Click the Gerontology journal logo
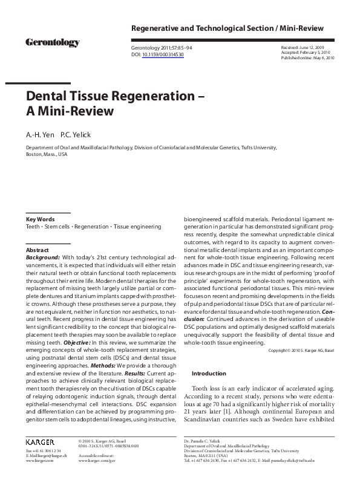point(52,43)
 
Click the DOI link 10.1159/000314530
point(163,54)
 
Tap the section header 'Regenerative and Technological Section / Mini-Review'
point(227,28)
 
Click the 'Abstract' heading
point(37,249)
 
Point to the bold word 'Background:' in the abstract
point(42,257)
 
